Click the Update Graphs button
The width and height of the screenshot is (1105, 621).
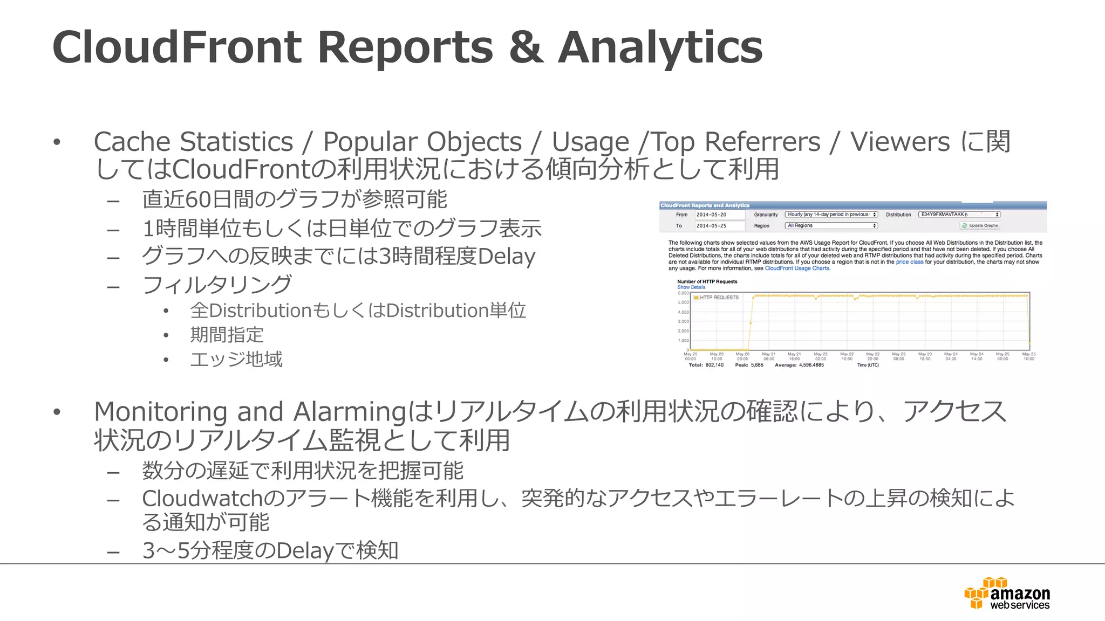[980, 225]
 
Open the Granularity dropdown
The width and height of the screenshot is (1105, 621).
[831, 215]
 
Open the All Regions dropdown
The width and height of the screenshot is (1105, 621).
[831, 226]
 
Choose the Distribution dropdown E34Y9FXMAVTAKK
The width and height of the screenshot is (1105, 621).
[959, 215]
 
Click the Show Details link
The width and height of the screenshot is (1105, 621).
[691, 287]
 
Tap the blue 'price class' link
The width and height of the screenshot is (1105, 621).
[910, 262]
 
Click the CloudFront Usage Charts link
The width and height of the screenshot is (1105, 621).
[797, 268]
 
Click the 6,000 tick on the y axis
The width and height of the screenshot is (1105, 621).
[684, 293]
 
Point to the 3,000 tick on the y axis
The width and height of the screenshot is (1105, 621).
[684, 322]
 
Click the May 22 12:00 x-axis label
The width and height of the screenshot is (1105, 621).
[847, 356]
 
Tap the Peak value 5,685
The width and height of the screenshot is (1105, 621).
[757, 365]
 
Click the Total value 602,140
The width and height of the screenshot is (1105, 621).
[714, 365]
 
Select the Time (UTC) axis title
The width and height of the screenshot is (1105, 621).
[868, 365]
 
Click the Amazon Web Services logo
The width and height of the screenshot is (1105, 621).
[1007, 594]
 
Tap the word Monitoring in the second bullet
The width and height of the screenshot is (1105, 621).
[160, 412]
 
